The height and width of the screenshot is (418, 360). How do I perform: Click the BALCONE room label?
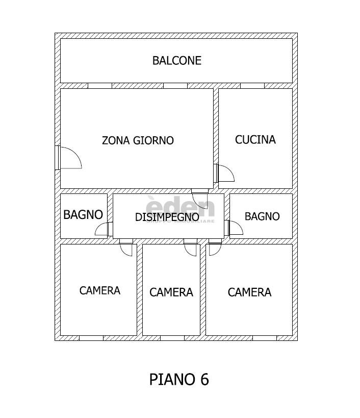pyautogui.click(x=177, y=61)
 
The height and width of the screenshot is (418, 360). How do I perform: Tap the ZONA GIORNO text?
pyautogui.click(x=138, y=140)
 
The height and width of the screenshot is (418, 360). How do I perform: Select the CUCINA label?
pyautogui.click(x=255, y=139)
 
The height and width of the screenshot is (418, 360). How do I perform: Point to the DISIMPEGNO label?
pyautogui.click(x=167, y=217)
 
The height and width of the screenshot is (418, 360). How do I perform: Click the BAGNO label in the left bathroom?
pyautogui.click(x=83, y=215)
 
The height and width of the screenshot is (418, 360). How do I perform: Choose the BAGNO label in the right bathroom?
pyautogui.click(x=262, y=216)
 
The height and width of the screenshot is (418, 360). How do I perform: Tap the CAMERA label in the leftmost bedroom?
pyautogui.click(x=100, y=290)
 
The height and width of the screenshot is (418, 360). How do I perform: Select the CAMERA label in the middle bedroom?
pyautogui.click(x=171, y=292)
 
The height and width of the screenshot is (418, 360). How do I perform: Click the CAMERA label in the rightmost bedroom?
pyautogui.click(x=249, y=292)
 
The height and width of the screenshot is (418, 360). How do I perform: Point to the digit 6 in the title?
pyautogui.click(x=204, y=380)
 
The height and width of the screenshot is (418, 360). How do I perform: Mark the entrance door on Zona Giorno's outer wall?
pyautogui.click(x=68, y=157)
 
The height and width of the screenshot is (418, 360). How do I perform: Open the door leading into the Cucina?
pyautogui.click(x=224, y=173)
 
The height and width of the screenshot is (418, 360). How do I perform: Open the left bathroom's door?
pyautogui.click(x=104, y=229)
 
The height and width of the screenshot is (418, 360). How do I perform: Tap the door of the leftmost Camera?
pyautogui.click(x=126, y=249)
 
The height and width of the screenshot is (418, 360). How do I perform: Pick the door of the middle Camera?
pyautogui.click(x=191, y=249)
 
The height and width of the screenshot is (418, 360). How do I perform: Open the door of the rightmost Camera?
pyautogui.click(x=215, y=249)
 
